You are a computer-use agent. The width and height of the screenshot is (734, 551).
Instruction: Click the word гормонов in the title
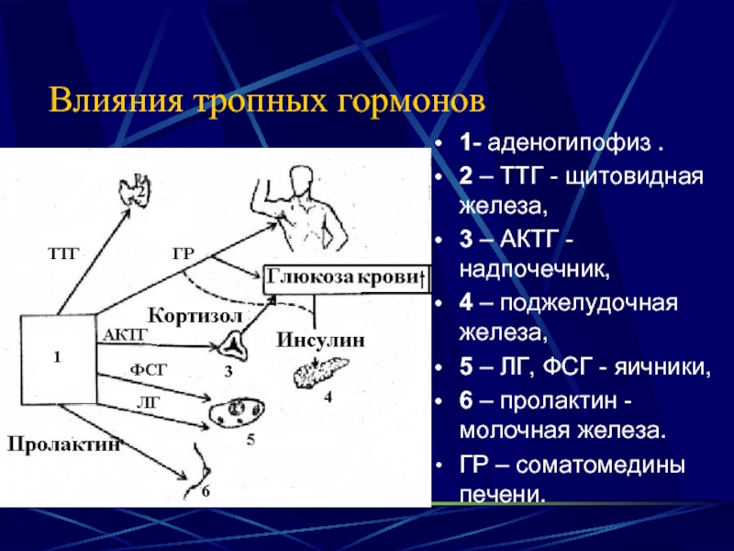(411, 100)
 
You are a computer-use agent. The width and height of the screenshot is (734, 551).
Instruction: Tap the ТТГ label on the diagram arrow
(63, 253)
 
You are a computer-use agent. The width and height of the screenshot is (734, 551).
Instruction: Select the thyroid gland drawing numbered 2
(135, 189)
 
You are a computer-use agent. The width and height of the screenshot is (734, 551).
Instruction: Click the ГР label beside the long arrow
(183, 253)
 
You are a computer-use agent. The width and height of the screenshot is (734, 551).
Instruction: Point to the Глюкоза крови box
(347, 280)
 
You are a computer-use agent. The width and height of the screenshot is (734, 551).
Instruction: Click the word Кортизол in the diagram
(195, 315)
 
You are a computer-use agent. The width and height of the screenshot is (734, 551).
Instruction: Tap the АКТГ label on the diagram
(125, 334)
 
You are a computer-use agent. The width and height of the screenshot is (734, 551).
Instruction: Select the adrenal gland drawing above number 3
(233, 346)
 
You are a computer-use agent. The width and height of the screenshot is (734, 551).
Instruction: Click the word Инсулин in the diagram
(320, 340)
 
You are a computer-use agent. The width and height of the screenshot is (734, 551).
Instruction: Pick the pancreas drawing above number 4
(320, 372)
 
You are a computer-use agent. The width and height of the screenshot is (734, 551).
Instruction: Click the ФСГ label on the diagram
(149, 370)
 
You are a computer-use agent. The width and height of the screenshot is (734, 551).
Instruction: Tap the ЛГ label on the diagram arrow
(149, 402)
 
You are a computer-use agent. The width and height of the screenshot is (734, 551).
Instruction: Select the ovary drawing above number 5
(238, 411)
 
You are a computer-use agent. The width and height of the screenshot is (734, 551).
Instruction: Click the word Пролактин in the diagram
(64, 444)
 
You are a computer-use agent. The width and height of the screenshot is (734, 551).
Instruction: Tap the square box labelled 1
(59, 360)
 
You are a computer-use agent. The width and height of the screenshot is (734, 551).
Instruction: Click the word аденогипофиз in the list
(569, 142)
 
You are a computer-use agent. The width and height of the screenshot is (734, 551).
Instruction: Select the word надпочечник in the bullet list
(534, 269)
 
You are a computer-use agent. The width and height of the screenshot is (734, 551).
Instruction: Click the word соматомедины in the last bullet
(600, 465)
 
